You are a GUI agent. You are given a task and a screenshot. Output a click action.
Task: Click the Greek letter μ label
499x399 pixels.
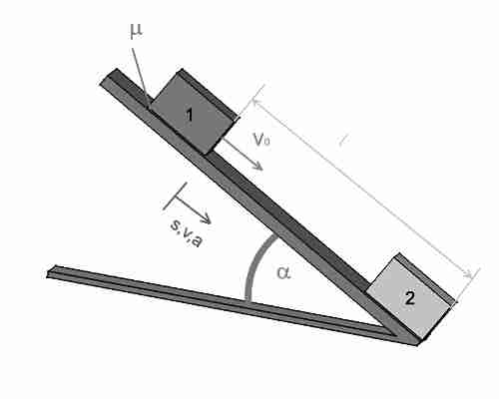(x=136, y=32)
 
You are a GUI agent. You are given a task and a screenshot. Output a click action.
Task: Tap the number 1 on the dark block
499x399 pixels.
(x=190, y=115)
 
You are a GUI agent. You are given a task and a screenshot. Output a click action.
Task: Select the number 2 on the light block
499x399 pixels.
(x=410, y=298)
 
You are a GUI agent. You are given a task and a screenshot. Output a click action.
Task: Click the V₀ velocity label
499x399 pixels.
(x=261, y=140)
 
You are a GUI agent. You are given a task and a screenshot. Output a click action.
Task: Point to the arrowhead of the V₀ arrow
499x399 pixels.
(x=258, y=167)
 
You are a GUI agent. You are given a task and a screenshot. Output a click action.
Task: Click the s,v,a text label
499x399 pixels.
(x=186, y=233)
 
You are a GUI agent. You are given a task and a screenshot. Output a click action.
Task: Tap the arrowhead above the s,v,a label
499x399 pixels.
(x=207, y=218)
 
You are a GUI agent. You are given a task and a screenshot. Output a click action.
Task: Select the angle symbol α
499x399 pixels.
(x=283, y=272)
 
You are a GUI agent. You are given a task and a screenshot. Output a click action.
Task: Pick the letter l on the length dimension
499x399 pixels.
(x=342, y=141)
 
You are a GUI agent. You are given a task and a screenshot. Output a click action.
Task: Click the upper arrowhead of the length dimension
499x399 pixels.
(x=256, y=103)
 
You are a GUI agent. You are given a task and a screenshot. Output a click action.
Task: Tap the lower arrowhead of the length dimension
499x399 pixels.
(x=468, y=274)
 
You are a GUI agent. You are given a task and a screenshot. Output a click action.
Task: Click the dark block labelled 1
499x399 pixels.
(x=192, y=112)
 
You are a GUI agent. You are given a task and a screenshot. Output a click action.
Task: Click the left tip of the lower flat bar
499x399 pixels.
(x=49, y=272)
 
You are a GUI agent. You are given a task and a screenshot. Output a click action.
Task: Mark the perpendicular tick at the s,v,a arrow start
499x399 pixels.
(x=175, y=197)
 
